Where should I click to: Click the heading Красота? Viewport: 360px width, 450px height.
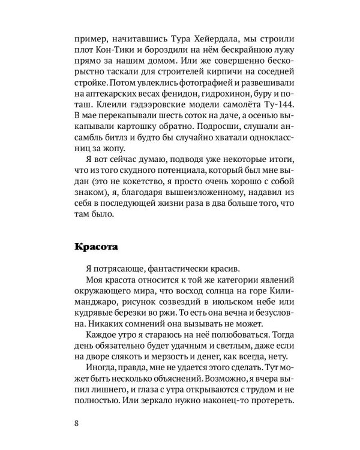(x=98, y=247)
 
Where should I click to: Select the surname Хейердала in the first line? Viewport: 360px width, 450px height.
(x=205, y=35)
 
